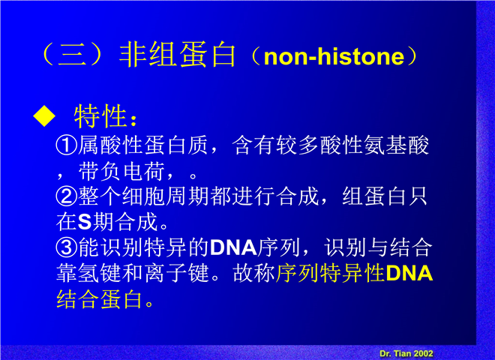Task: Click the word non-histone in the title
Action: pos(334,56)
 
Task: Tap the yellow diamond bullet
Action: pos(44,116)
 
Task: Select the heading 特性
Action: pos(100,116)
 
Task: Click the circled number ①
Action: pos(67,145)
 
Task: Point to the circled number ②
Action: pos(67,196)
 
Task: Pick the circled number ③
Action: pos(67,247)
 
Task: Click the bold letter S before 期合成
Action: pos(85,222)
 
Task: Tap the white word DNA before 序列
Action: pos(233,247)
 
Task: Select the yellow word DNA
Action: pos(409,273)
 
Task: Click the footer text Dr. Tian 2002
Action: pos(406,353)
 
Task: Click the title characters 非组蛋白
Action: pos(178,55)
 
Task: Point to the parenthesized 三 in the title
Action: pos(72,55)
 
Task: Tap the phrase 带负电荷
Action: pos(121,171)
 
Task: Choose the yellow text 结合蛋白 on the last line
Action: pos(99,298)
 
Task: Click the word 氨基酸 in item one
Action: pos(396,145)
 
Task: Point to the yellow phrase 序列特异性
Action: pos(330,273)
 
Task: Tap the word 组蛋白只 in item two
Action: pos(385,196)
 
